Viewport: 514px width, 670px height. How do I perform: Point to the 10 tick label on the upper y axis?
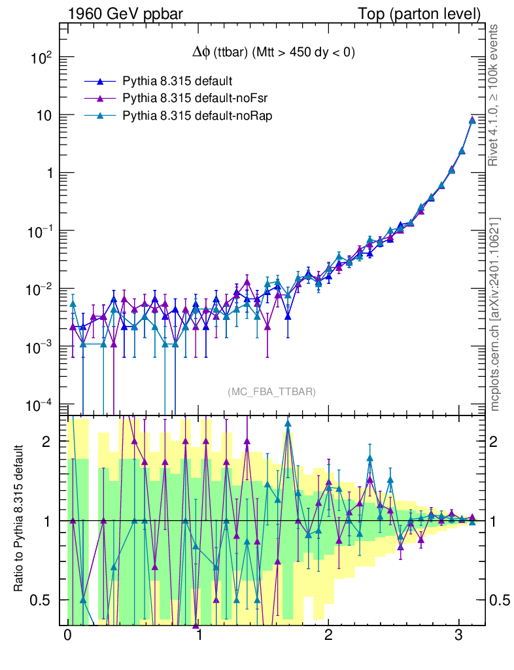point(45,116)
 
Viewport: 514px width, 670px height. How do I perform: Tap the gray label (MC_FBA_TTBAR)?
point(272,392)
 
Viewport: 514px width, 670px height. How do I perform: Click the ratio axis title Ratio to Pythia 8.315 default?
point(19,520)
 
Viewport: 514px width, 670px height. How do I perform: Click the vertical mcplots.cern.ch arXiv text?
point(496,314)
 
